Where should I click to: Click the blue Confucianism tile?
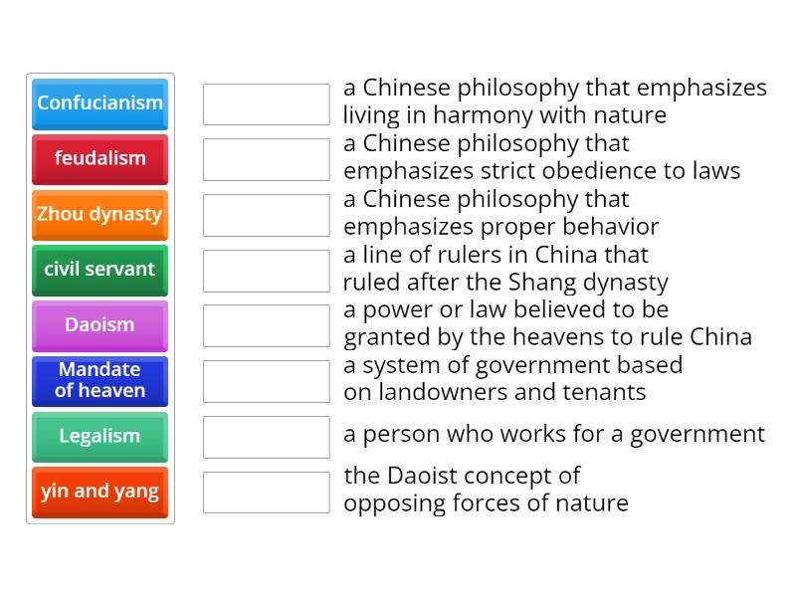point(99,103)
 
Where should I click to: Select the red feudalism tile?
point(99,159)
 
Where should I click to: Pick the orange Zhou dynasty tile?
point(99,215)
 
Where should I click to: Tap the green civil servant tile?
point(99,270)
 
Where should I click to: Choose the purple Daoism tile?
point(99,325)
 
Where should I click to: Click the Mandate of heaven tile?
point(99,381)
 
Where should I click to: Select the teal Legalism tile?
point(99,437)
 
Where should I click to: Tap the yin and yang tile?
point(99,493)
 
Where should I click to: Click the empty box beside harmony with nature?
point(266,103)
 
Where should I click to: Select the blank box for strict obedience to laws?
point(266,159)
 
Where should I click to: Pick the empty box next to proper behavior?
point(266,215)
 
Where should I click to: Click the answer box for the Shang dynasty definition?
point(266,270)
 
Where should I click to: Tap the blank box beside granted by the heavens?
point(266,325)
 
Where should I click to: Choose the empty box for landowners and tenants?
point(266,381)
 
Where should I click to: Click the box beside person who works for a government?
point(266,437)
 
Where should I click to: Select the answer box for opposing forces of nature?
point(266,493)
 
